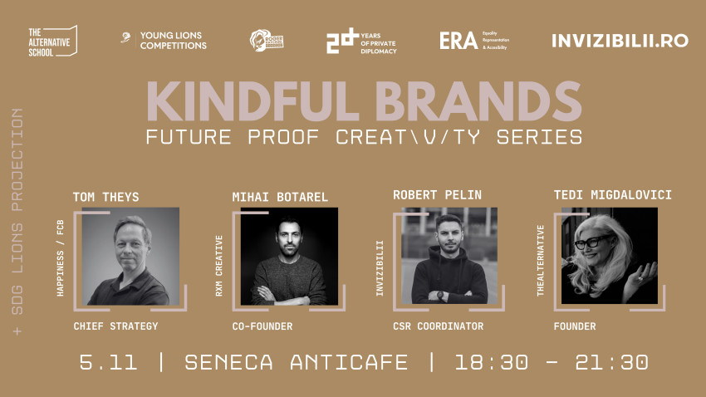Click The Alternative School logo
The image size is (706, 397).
click(x=51, y=41)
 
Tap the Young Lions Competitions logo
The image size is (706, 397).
click(x=164, y=41)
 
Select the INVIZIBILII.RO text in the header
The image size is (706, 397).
click(x=620, y=41)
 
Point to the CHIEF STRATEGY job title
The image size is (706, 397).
click(x=115, y=326)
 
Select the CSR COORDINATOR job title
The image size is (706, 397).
click(x=438, y=326)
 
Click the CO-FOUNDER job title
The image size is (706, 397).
click(x=262, y=326)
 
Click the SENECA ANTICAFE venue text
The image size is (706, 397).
click(x=297, y=363)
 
